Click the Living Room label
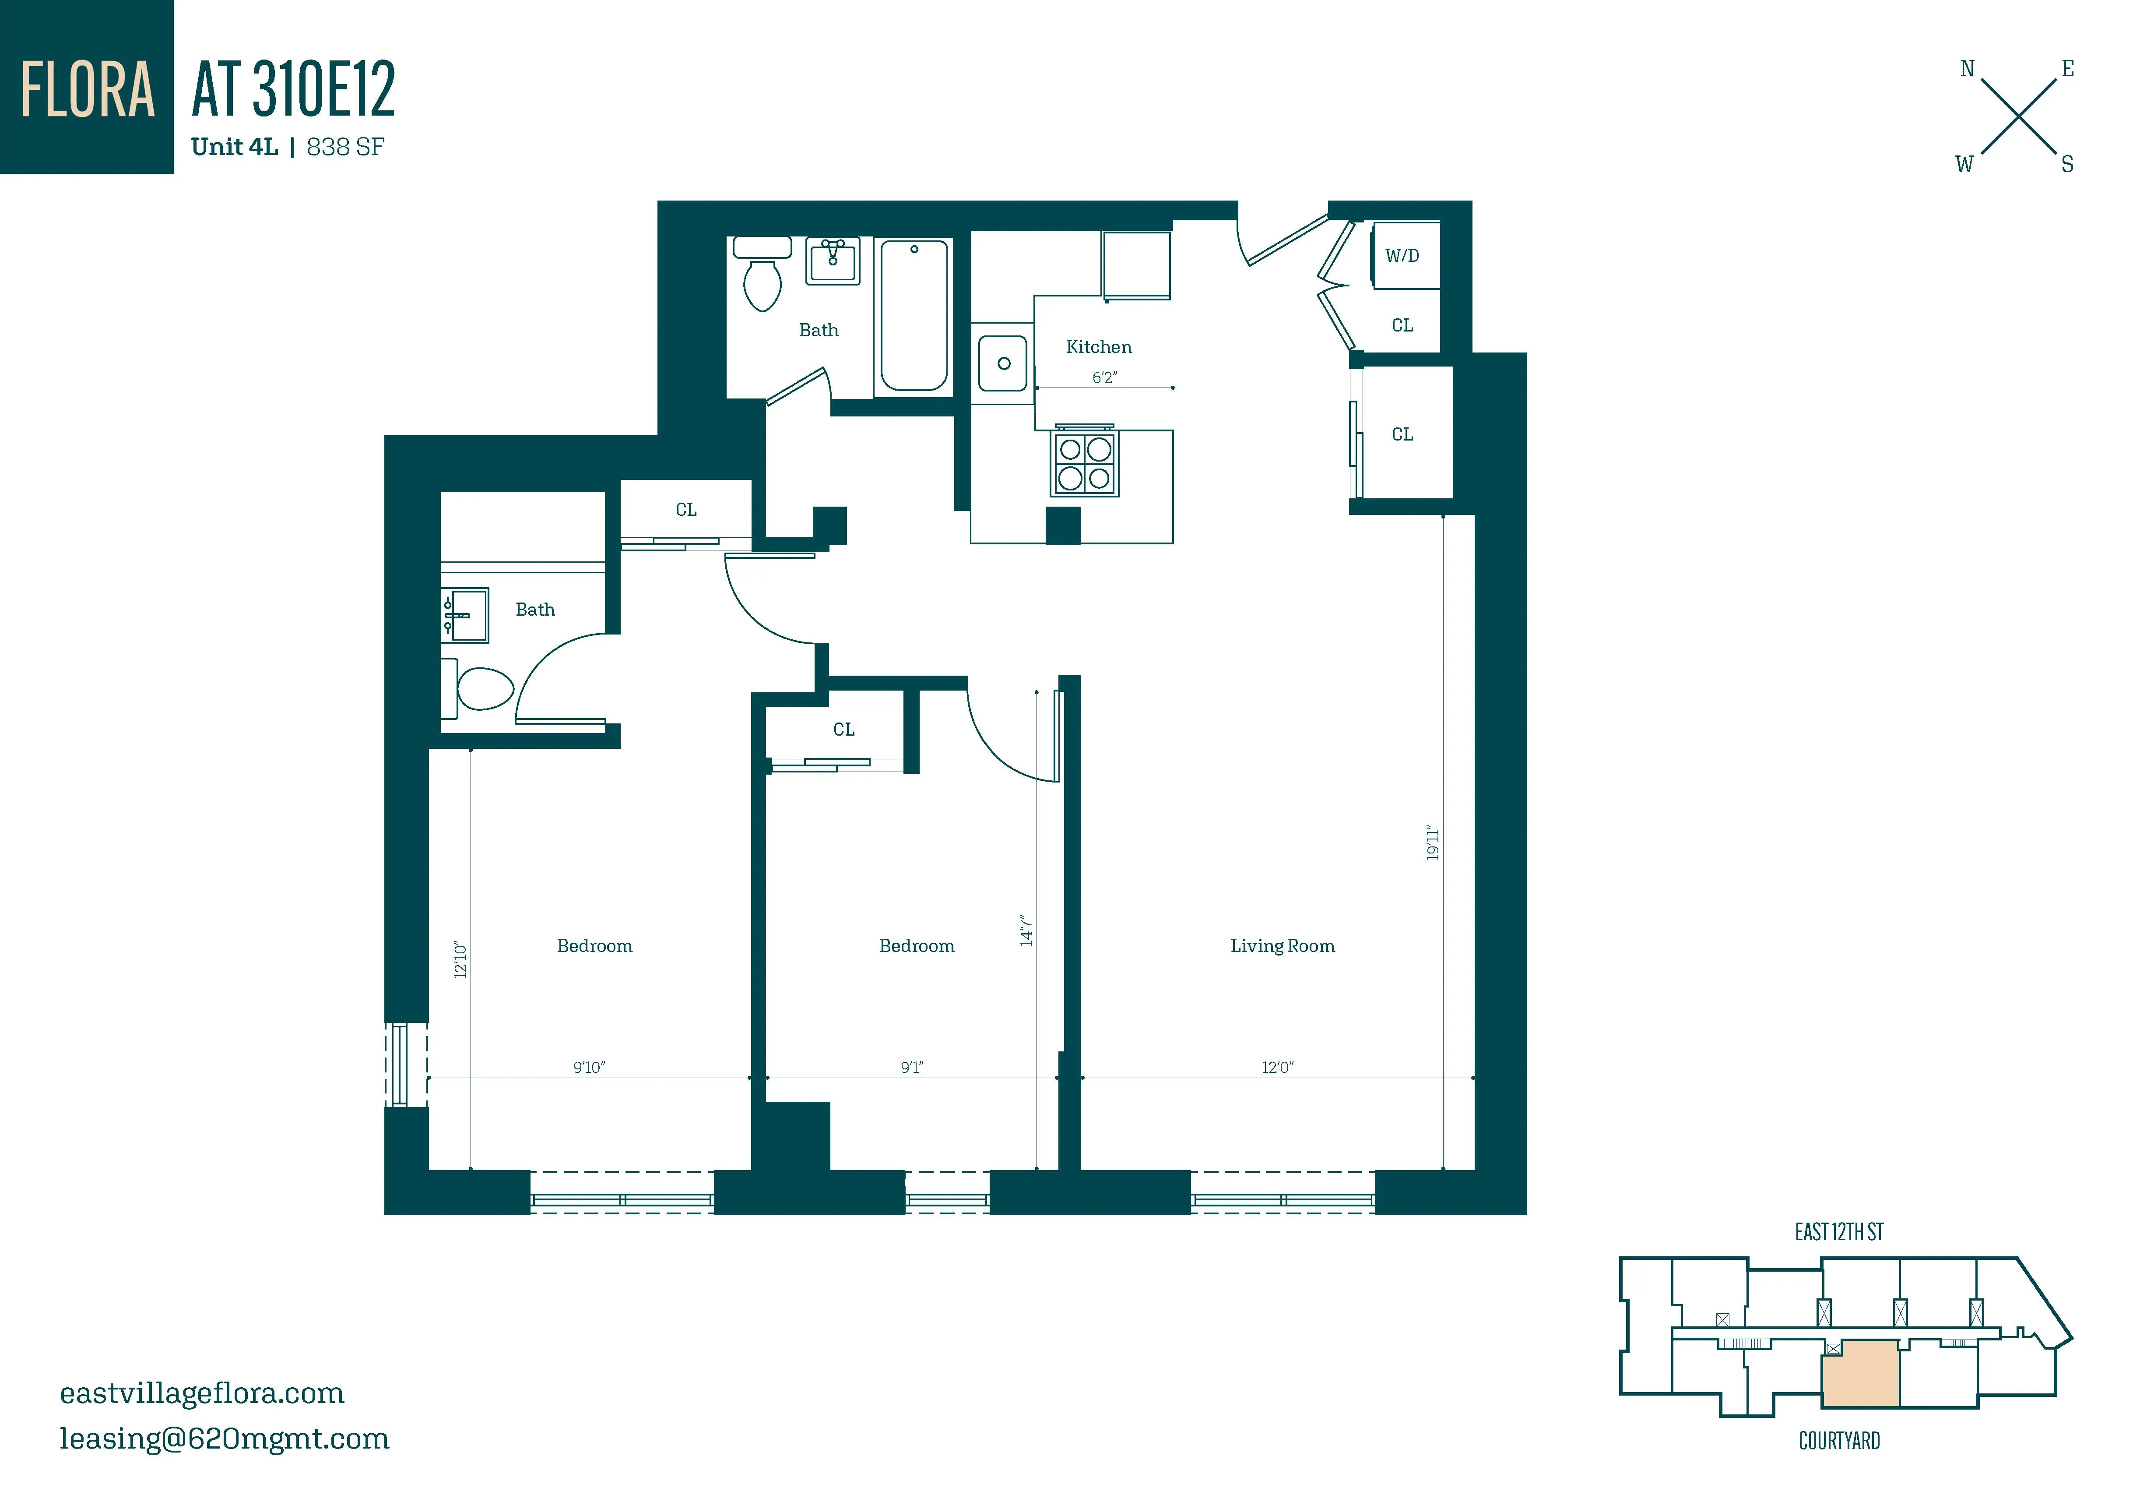1282,946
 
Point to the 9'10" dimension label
588,1068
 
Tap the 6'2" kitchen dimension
1103,377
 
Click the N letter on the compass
1967,69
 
